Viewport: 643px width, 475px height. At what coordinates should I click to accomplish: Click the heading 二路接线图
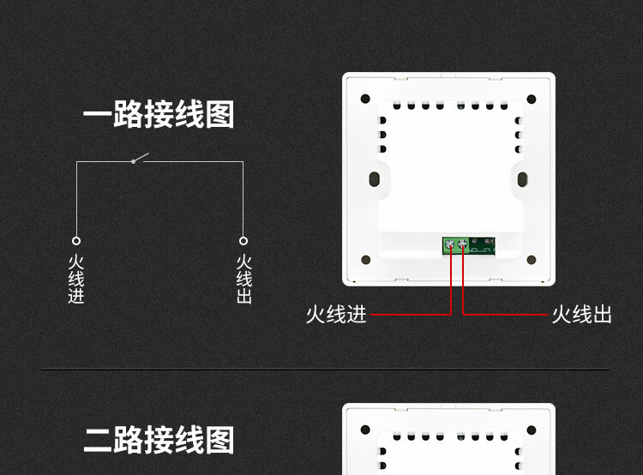click(158, 441)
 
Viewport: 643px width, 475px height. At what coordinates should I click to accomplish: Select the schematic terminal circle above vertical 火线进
click(76, 241)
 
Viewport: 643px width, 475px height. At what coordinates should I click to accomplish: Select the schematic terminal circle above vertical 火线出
click(243, 241)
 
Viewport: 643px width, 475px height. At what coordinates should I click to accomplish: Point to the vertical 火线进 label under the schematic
click(76, 280)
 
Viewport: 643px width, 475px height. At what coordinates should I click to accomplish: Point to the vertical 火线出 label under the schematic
click(243, 280)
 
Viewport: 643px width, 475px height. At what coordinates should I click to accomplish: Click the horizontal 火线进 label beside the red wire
click(336, 315)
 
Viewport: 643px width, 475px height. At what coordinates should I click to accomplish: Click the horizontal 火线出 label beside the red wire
click(581, 315)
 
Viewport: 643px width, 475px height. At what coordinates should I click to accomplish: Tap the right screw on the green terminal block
click(464, 246)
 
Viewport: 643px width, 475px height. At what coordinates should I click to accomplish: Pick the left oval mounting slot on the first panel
click(376, 178)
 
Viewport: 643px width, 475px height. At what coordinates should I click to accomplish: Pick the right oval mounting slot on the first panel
click(522, 178)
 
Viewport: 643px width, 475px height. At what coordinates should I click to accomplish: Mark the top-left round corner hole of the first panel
click(364, 98)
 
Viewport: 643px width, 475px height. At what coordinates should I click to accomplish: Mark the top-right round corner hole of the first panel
click(533, 98)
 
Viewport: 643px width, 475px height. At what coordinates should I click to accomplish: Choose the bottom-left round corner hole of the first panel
click(364, 258)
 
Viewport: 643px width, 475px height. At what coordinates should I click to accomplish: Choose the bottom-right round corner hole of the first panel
click(533, 258)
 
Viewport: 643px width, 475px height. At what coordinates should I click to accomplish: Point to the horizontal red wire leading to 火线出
click(506, 314)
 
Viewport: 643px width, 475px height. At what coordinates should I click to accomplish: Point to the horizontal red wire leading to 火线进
click(412, 314)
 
